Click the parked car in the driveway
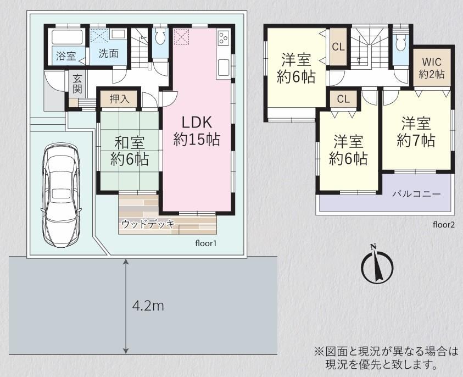coord(61,195)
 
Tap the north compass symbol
coord(377,264)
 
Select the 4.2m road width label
coord(148,306)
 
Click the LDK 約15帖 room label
coord(197,130)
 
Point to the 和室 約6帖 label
coord(130,151)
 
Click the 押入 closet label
coord(120,99)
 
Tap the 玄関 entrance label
coord(77,84)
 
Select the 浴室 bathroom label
coord(66,56)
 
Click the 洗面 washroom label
coord(109,53)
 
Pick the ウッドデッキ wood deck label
coord(148,224)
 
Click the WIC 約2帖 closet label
coord(432,68)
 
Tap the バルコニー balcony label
coord(416,194)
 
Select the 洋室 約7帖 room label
coord(416,132)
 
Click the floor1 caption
coord(206,243)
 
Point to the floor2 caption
coord(444,225)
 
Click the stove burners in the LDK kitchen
coord(222,38)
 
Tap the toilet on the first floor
coord(160,37)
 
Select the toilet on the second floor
coord(401,42)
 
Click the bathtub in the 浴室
coord(66,37)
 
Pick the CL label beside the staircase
coord(338,47)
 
